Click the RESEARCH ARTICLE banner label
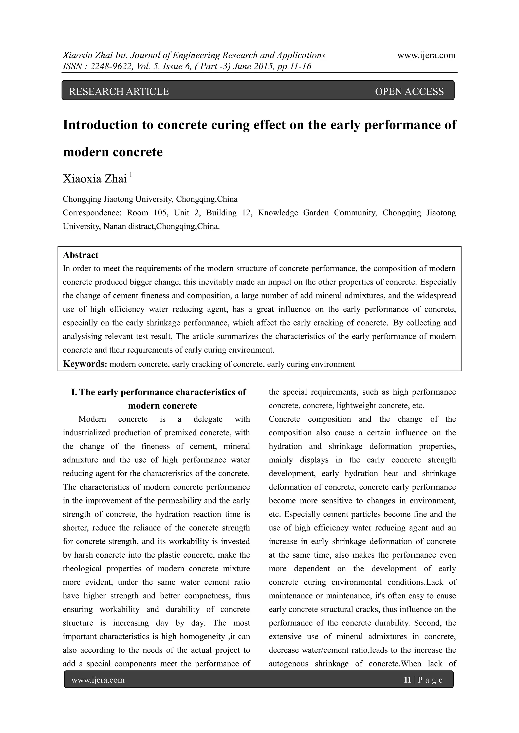pos(119,92)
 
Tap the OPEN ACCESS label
pos(409,92)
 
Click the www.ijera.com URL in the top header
pos(426,55)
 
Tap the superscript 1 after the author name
pos(131,174)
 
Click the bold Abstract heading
pos(81,255)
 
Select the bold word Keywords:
pos(85,364)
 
